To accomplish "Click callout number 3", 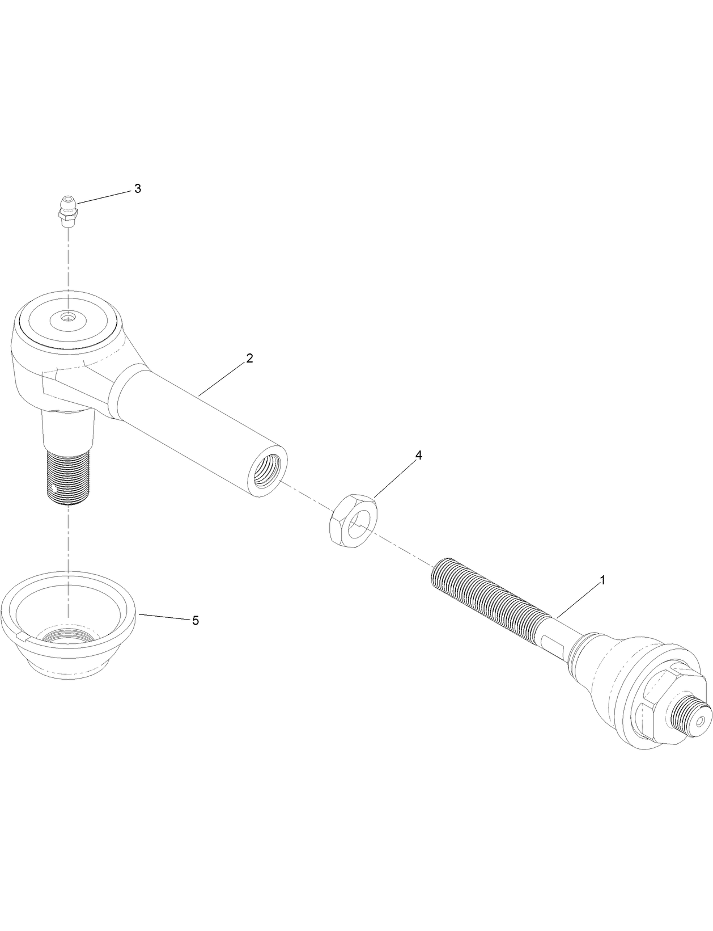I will (137, 189).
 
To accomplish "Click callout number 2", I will (249, 359).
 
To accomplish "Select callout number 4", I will (418, 456).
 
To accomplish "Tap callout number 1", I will (603, 580).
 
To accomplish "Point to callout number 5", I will (196, 621).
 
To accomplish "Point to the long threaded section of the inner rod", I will (487, 603).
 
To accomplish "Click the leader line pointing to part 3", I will (105, 196).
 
